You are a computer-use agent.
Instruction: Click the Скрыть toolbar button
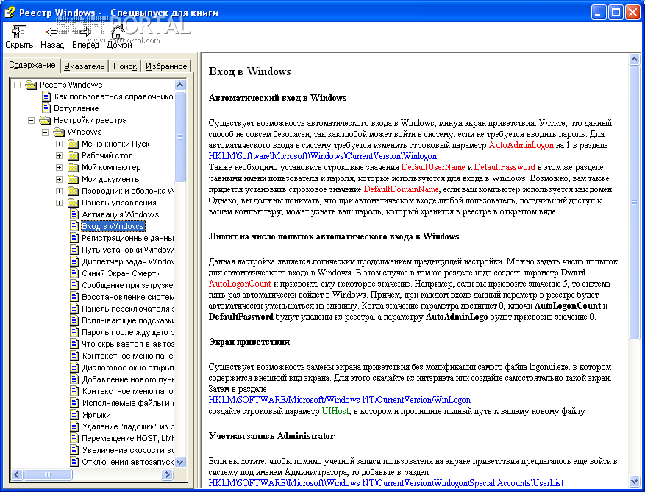point(19,36)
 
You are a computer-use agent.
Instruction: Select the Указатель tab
point(84,66)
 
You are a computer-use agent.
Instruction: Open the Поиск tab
point(125,66)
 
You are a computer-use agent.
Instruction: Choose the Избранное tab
point(165,66)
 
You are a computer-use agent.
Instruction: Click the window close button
point(633,11)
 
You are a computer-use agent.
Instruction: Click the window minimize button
point(599,11)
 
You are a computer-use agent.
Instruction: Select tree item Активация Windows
point(119,214)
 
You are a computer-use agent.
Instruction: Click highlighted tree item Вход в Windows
point(113,226)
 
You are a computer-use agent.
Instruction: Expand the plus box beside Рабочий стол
point(59,155)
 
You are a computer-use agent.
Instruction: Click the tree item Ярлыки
point(96,415)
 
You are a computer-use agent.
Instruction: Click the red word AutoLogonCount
point(240,283)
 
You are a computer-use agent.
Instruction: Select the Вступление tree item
point(76,108)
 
